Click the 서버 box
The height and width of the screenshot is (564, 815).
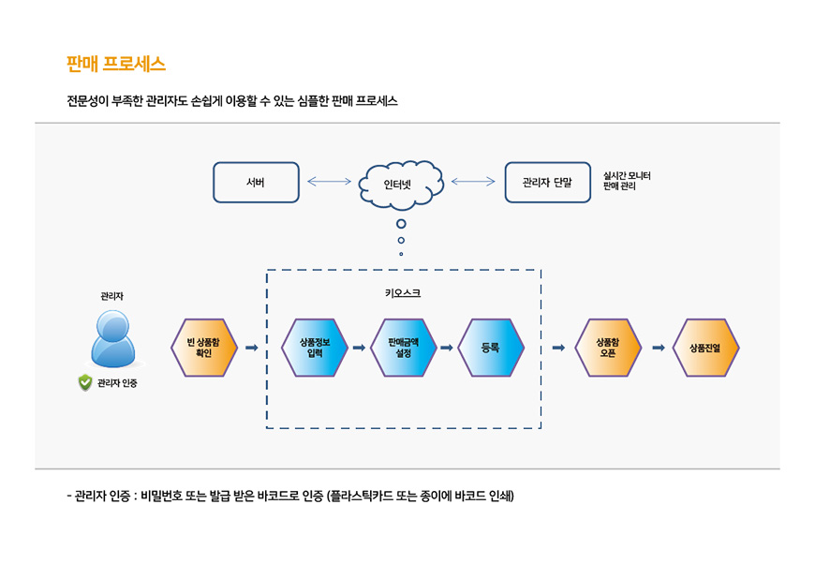click(x=256, y=183)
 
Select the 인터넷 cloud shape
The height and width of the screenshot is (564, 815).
click(x=401, y=184)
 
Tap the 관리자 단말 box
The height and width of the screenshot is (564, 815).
click(x=547, y=183)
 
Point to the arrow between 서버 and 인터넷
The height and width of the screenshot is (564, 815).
click(x=329, y=182)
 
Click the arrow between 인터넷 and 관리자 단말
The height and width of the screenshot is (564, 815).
click(x=473, y=182)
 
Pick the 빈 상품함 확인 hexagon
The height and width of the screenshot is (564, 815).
click(x=204, y=348)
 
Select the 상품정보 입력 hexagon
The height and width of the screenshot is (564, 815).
click(x=315, y=348)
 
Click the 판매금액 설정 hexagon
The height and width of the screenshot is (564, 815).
click(x=404, y=348)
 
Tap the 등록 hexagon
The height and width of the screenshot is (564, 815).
click(x=491, y=348)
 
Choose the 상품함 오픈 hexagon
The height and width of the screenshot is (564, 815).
click(x=608, y=348)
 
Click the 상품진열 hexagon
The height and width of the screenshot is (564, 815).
click(x=705, y=348)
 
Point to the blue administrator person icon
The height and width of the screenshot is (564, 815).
click(x=112, y=337)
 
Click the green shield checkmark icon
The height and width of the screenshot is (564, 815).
click(x=85, y=382)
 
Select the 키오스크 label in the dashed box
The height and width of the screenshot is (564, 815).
click(x=403, y=293)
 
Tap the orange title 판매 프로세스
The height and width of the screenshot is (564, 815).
click(x=116, y=64)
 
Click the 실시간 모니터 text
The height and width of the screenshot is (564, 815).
click(x=627, y=176)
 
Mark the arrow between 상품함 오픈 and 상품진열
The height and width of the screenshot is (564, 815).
click(x=658, y=348)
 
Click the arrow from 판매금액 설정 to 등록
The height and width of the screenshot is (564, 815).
click(x=447, y=348)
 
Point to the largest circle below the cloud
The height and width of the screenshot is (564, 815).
click(x=401, y=223)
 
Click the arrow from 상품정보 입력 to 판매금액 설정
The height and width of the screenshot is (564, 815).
click(x=359, y=348)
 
